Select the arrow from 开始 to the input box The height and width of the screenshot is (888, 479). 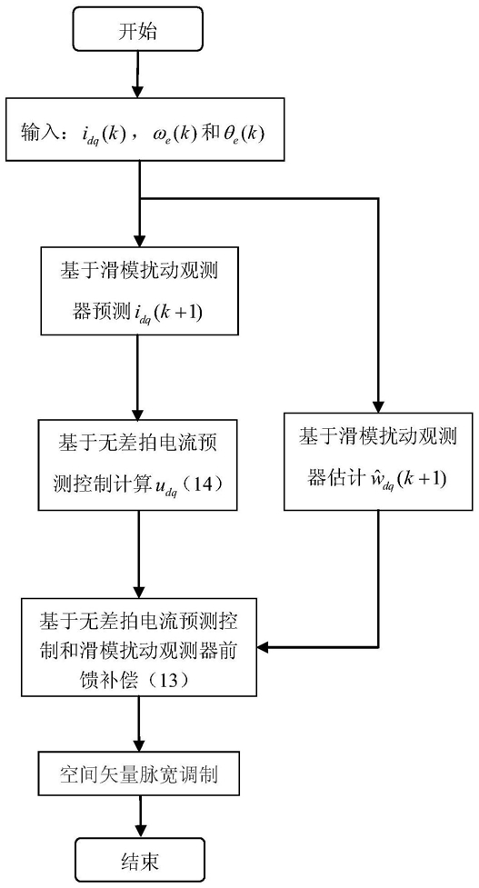(138, 75)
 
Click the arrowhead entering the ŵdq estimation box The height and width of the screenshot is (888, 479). (377, 405)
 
